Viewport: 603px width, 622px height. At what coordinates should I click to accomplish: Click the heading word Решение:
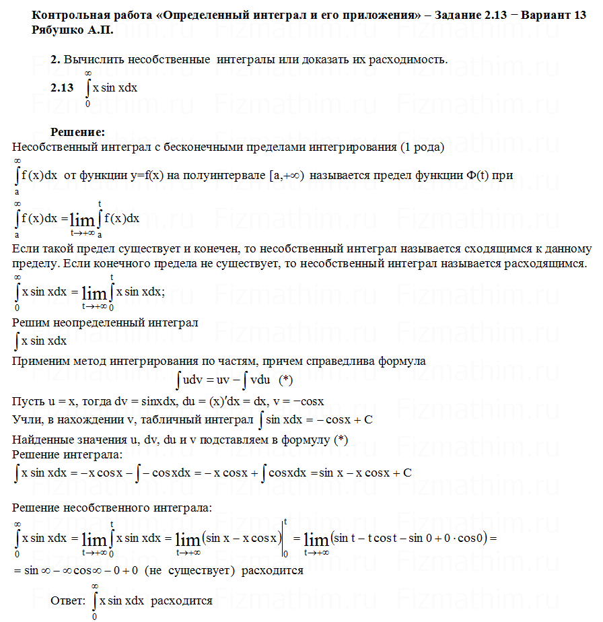click(x=77, y=132)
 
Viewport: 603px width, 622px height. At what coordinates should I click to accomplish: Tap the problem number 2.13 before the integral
click(x=62, y=88)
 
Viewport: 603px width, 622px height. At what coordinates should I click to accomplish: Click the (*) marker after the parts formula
click(x=285, y=380)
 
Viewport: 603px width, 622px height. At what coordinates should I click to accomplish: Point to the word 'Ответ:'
click(x=68, y=600)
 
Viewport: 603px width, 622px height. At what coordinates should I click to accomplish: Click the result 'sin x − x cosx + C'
click(x=365, y=472)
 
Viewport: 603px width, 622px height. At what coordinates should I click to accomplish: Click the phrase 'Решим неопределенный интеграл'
click(x=105, y=323)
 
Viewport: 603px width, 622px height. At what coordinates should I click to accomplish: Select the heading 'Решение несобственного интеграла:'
click(x=112, y=507)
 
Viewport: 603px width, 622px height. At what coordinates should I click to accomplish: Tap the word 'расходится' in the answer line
click(x=182, y=600)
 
